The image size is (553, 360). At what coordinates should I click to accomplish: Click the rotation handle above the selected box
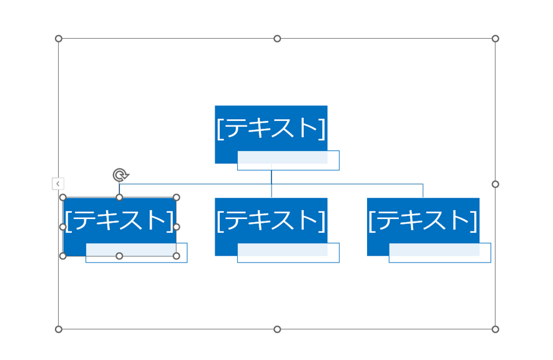pos(120,175)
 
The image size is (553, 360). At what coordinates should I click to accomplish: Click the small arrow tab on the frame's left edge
pos(57,183)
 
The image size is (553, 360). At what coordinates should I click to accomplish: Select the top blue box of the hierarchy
pos(271,128)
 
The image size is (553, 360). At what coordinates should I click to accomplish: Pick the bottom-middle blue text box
pos(271,220)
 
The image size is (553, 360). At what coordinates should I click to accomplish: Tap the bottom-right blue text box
pos(423,220)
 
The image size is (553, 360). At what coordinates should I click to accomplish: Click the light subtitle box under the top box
pos(288,161)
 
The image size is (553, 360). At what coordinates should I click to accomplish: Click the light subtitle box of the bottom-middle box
pos(288,253)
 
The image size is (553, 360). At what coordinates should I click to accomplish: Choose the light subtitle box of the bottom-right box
pos(440,253)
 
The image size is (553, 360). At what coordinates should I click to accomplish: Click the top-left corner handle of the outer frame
pos(59,39)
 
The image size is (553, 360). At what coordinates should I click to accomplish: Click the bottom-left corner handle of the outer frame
pos(59,329)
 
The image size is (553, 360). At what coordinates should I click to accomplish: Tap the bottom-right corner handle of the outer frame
pos(495,329)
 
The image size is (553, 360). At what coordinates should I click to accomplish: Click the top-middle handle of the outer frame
pos(277,39)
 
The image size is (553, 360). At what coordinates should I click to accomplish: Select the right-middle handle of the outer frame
pos(495,184)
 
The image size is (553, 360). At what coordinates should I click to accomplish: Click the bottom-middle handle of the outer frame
pos(277,329)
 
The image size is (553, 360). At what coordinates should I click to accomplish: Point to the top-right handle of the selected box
pos(176,197)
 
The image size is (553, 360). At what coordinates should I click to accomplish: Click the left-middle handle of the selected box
pos(62,226)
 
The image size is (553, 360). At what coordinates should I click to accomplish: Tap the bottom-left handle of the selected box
pos(62,256)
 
